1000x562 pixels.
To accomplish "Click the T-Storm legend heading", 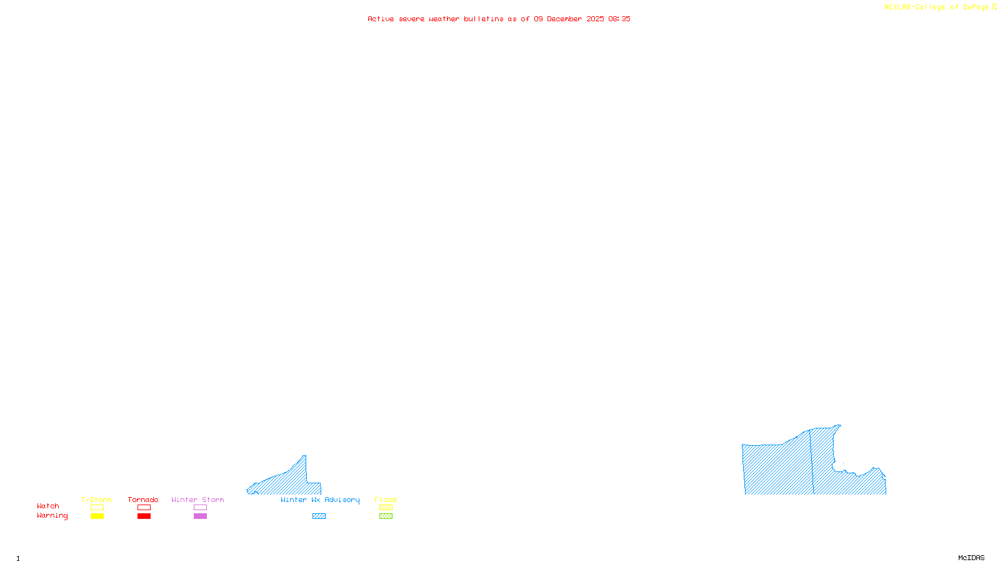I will pyautogui.click(x=96, y=500).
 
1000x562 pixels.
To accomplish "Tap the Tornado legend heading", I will pyautogui.click(x=143, y=500).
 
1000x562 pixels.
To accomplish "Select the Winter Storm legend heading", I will pyautogui.click(x=197, y=500).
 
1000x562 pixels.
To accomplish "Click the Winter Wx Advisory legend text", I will pyautogui.click(x=320, y=500).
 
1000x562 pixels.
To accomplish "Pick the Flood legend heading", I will pyautogui.click(x=386, y=500).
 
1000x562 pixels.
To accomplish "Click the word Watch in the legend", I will pyautogui.click(x=48, y=506).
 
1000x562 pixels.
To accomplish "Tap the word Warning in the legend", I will pyautogui.click(x=52, y=516).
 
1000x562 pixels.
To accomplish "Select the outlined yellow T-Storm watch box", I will pyautogui.click(x=97, y=508).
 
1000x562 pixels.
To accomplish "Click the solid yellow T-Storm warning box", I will pyautogui.click(x=97, y=516).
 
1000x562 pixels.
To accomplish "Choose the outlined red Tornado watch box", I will pyautogui.click(x=144, y=508).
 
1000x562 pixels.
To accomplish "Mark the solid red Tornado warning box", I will pyautogui.click(x=144, y=516).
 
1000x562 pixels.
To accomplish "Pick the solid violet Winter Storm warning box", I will pyautogui.click(x=200, y=516).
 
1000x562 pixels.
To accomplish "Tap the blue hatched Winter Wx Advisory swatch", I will pyautogui.click(x=319, y=516).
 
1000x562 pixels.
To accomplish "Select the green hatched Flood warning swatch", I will pyautogui.click(x=386, y=516).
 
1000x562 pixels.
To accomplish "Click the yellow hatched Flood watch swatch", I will pyautogui.click(x=386, y=508).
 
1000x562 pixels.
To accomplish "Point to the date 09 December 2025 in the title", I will pyautogui.click(x=569, y=19).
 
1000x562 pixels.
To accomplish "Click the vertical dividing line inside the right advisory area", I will pyautogui.click(x=811, y=462).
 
